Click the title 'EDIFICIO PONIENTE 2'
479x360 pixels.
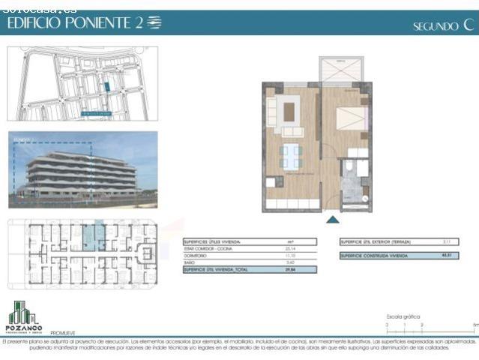pos(75,22)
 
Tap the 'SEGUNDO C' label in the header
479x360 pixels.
pos(444,25)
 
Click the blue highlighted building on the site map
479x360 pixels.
pos(107,86)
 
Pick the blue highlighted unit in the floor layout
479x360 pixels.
pos(89,236)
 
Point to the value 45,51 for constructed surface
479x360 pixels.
pos(445,255)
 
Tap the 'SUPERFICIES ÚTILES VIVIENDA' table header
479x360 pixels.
pos(211,242)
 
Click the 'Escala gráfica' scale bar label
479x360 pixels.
pos(403,317)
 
